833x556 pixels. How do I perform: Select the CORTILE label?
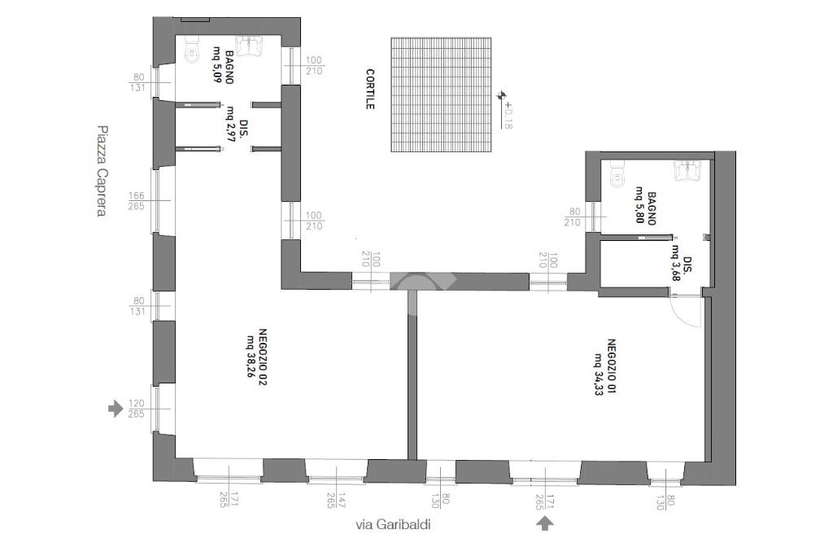tap(370, 90)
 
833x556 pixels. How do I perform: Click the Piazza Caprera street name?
tap(102, 171)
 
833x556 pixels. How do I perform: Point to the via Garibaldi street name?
tap(393, 524)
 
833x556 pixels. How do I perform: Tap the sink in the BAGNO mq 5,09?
tap(250, 46)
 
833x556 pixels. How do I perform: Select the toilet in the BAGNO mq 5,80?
tap(617, 174)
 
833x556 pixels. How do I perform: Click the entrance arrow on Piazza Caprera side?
tap(116, 409)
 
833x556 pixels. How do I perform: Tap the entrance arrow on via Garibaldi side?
tap(544, 523)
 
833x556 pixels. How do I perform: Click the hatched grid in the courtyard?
tap(441, 94)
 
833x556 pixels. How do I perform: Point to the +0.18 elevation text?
tap(508, 114)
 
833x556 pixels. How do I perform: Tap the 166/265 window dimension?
tap(137, 201)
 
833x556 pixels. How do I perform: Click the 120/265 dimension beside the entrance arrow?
tap(137, 409)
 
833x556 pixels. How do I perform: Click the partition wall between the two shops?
tap(412, 374)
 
